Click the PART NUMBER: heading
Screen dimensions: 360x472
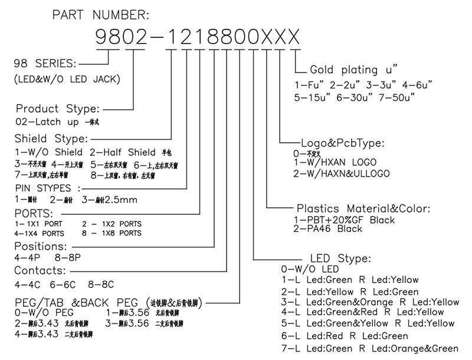click(101, 14)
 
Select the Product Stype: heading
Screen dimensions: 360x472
click(58, 109)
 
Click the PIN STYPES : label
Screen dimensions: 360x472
click(51, 188)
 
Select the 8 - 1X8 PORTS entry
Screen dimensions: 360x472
click(112, 233)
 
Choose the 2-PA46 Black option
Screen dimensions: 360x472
click(329, 229)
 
